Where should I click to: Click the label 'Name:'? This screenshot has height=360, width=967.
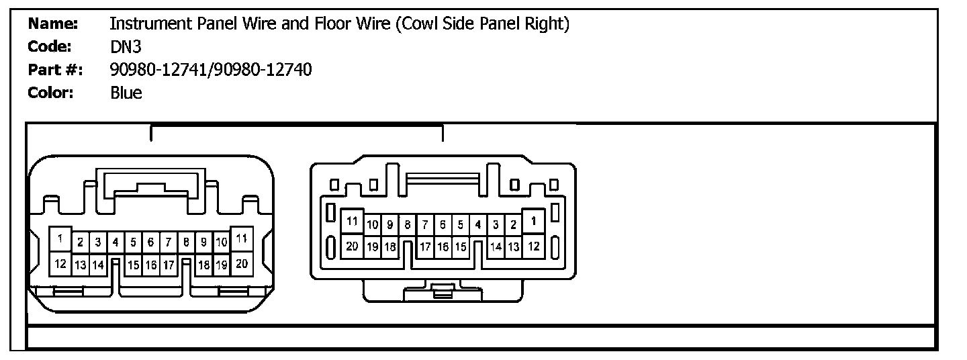coord(53,25)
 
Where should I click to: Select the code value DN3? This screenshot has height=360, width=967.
coord(125,48)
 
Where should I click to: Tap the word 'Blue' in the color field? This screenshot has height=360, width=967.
coord(126,93)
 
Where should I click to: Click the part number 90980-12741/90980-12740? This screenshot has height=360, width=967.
coord(210,70)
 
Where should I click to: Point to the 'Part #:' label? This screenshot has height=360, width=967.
coord(54,70)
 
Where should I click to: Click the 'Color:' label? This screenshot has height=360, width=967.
coord(50,93)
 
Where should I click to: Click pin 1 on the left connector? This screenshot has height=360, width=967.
coord(61,238)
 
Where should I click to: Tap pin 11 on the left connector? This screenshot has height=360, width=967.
coord(242,238)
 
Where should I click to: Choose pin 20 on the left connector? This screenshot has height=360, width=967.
coord(242,263)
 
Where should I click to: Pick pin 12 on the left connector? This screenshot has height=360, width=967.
coord(61,263)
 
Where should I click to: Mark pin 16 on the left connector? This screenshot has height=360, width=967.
coord(151,265)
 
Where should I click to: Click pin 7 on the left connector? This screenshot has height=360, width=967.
coord(168,242)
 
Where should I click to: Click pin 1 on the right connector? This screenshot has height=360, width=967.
coord(533,220)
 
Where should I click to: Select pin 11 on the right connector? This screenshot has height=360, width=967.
coord(352,220)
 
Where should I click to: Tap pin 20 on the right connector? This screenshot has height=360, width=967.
coord(352,246)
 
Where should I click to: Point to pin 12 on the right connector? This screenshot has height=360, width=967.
coord(533,246)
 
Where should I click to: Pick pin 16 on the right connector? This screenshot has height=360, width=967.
coord(443,246)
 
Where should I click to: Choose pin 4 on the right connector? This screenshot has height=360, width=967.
coord(477,224)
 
